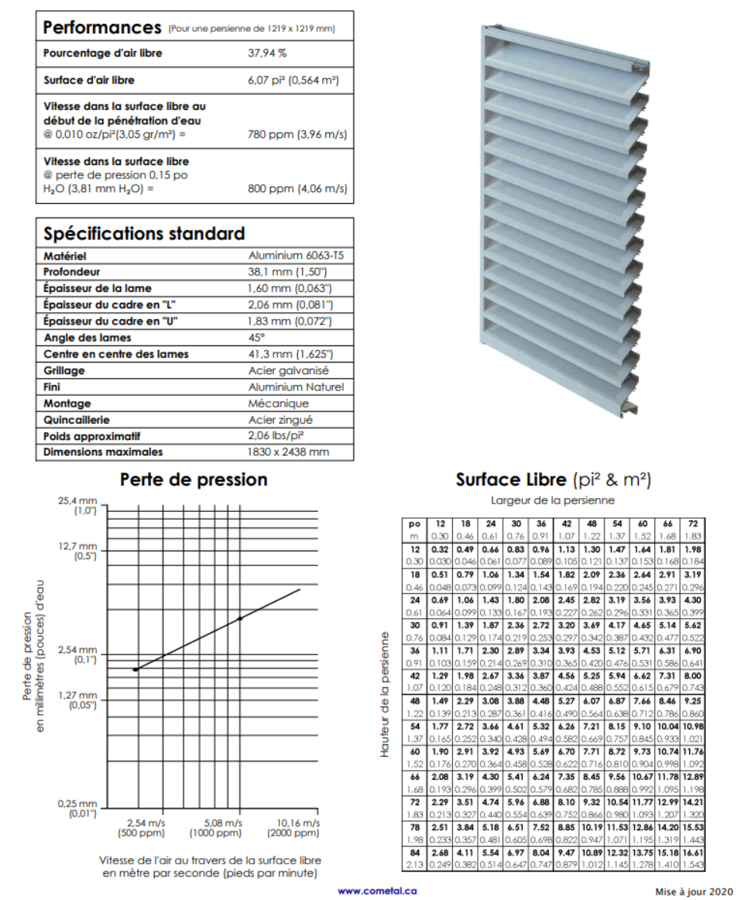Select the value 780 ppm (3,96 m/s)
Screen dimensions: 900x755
[x=297, y=134]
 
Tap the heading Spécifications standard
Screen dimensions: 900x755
[x=144, y=234]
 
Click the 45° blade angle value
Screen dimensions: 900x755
[x=256, y=338]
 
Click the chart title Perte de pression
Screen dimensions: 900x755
[x=194, y=479]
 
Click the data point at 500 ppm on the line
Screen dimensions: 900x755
[x=136, y=669]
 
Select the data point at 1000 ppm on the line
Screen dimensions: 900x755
[x=240, y=618]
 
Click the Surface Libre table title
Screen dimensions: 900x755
[x=553, y=480]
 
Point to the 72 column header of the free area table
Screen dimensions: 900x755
[x=693, y=524]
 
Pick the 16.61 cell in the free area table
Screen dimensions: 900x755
[x=693, y=853]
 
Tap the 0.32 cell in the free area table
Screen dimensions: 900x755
[x=439, y=549]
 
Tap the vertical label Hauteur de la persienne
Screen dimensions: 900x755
[x=385, y=692]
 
